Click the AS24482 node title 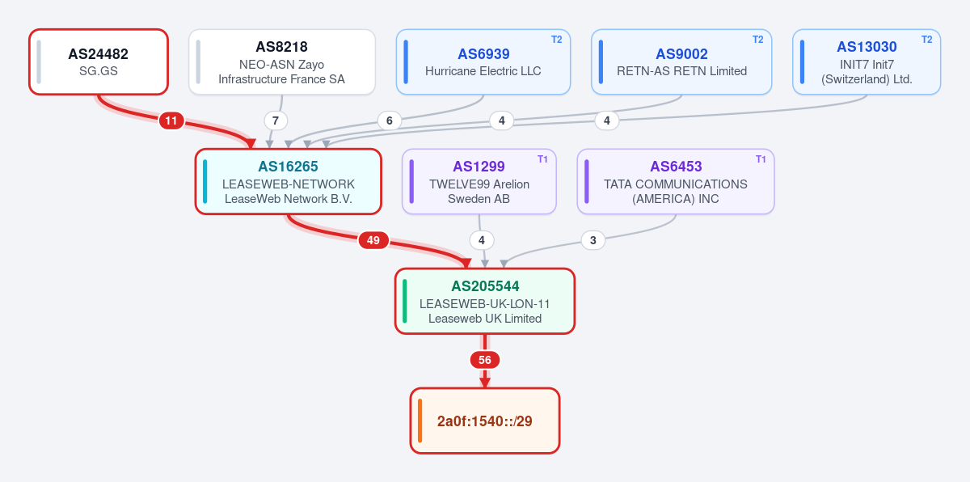coord(99,54)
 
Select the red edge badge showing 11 coord(171,120)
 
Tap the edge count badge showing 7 coord(276,120)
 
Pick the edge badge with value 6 coord(390,120)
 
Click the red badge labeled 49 coord(373,240)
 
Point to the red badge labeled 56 coord(485,360)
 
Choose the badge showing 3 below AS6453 coord(593,240)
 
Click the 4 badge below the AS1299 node coord(482,240)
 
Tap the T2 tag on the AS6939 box coord(556,40)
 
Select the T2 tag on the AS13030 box coord(926,40)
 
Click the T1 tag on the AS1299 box coord(542,159)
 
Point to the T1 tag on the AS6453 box coord(761,159)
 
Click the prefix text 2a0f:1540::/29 coord(484,421)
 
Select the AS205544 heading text coord(485,286)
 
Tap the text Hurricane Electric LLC coord(483,71)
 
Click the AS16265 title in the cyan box coord(288,167)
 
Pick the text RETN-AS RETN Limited coord(681,71)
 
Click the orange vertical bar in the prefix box coord(420,421)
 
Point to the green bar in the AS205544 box coord(404,301)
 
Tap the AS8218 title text coord(281,47)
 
